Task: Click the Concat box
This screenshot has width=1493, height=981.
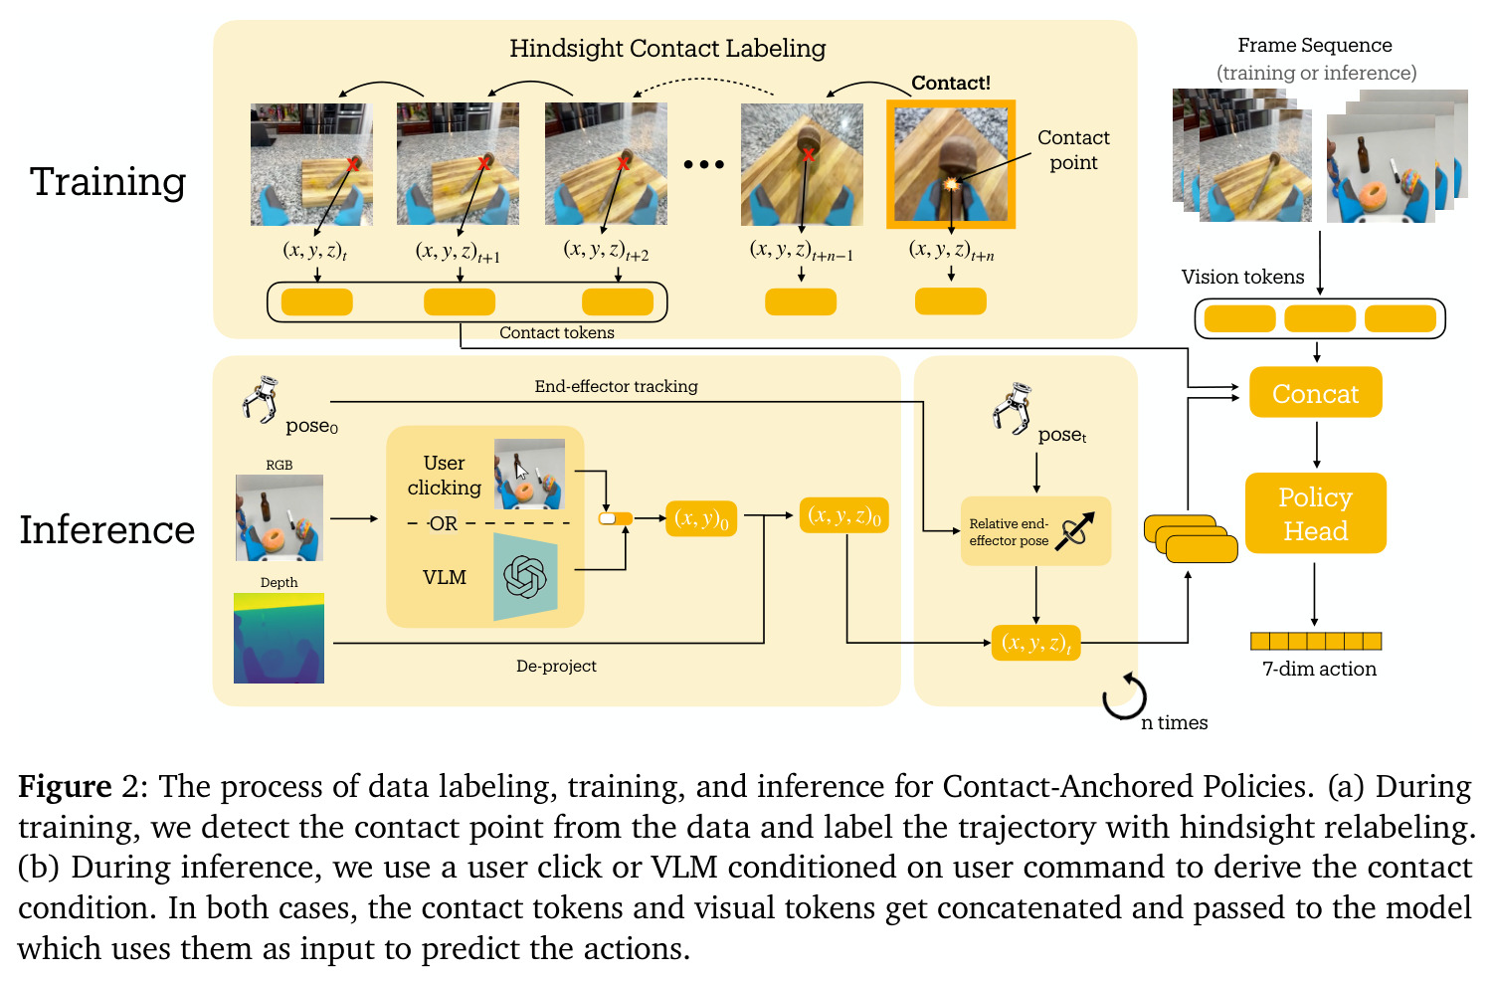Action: point(1315,392)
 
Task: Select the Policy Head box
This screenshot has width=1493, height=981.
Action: point(1315,512)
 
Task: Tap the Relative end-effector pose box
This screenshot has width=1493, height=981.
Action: point(1035,531)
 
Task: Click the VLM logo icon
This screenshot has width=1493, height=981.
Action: point(525,577)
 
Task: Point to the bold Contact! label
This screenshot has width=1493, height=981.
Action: point(951,83)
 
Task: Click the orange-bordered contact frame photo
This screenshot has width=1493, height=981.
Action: point(951,164)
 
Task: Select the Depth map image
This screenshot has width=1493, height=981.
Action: point(279,638)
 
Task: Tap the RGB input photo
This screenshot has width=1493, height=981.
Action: point(280,517)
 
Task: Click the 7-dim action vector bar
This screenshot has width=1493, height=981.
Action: point(1316,641)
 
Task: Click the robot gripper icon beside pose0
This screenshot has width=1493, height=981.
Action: point(261,400)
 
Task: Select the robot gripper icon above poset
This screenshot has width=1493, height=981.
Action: point(1012,408)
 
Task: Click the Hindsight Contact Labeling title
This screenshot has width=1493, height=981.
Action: point(667,49)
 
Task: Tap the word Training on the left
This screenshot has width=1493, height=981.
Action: point(108,181)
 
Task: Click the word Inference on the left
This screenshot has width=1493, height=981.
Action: point(107,529)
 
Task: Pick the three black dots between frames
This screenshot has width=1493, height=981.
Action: point(704,164)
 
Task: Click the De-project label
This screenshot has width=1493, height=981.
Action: point(556,666)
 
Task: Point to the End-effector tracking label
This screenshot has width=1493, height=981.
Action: point(616,386)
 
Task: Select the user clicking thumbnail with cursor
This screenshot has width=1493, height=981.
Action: point(529,475)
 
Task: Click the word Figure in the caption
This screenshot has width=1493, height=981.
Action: point(65,787)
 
